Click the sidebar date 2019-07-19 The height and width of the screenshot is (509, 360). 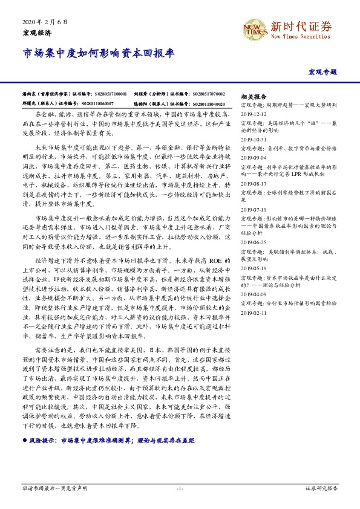click(x=253, y=209)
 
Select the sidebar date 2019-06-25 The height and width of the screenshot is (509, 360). click(x=253, y=242)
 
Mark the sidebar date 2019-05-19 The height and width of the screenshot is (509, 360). click(x=253, y=268)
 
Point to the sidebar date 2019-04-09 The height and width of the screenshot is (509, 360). click(x=253, y=294)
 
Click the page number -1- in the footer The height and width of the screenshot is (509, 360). click(x=180, y=488)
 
